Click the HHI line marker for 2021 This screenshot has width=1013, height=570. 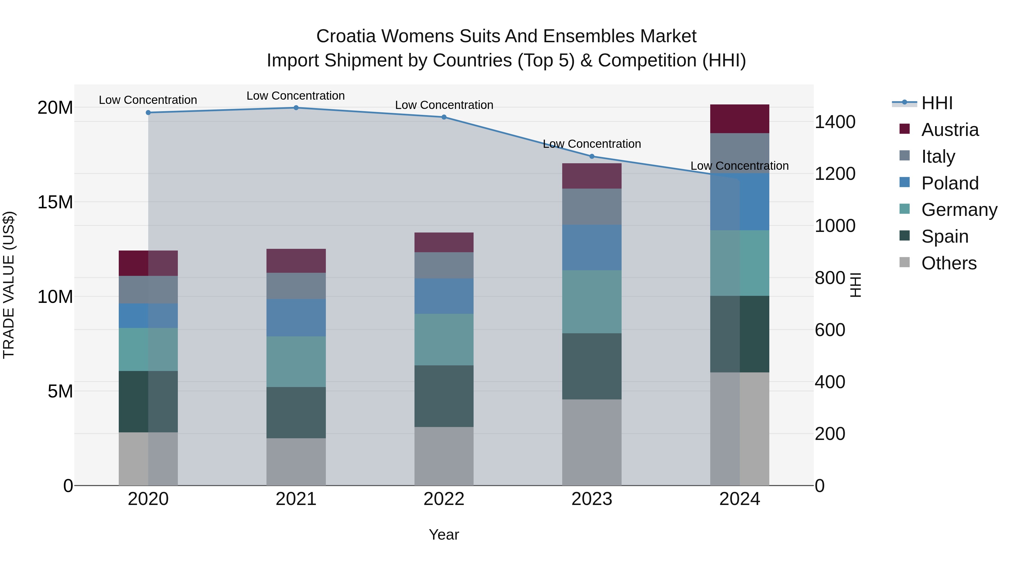296,108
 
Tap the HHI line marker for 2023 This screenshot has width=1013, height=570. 592,156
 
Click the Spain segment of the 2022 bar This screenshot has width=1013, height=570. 444,396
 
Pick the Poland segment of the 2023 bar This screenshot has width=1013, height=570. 592,247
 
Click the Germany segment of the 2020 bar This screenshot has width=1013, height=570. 148,349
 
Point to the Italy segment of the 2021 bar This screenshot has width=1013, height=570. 296,286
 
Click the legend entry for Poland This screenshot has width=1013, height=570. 949,183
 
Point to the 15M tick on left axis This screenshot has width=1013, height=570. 55,202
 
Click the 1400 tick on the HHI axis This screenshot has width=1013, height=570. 835,122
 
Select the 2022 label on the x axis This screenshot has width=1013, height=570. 444,499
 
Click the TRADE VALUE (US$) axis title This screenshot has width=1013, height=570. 9,285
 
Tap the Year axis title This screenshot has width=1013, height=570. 444,535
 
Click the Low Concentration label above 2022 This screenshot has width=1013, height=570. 444,105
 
